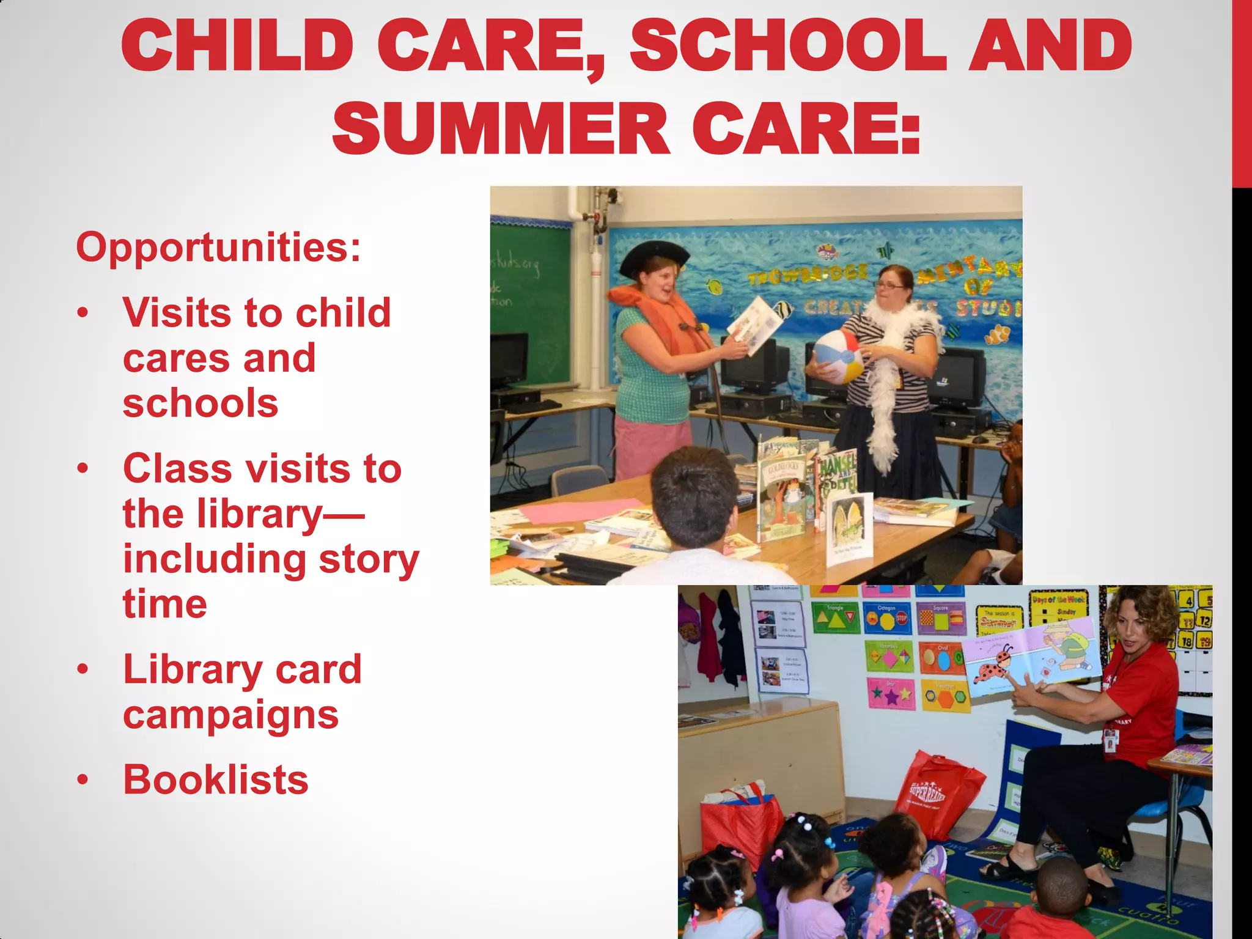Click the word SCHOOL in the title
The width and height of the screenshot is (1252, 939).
click(x=789, y=46)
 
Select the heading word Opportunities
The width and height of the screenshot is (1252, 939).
click(x=218, y=248)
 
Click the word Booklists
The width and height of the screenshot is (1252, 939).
click(x=216, y=780)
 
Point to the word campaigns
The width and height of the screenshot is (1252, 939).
click(x=230, y=715)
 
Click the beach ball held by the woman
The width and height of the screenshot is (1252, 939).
click(x=836, y=357)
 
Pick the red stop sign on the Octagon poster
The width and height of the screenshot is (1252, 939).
click(x=901, y=619)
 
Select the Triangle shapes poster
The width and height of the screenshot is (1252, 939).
click(x=835, y=619)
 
